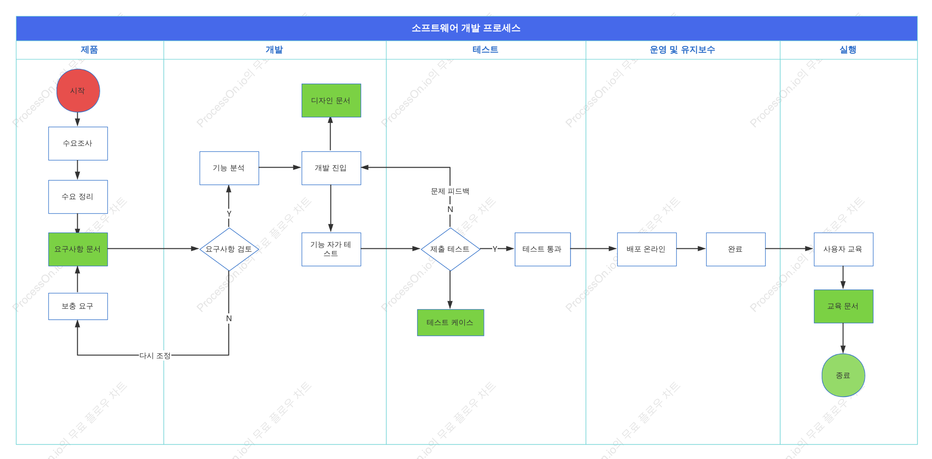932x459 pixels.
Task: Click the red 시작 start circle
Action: pos(78,91)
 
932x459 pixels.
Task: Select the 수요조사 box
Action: pos(78,144)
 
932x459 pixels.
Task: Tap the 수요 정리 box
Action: pos(78,197)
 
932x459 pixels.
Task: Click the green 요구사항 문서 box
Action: pos(78,249)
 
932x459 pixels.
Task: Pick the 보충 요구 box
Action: pos(78,306)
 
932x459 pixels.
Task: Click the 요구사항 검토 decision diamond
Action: pos(229,249)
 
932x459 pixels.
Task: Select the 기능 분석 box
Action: pos(229,168)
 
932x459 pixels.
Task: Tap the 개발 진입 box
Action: pos(331,168)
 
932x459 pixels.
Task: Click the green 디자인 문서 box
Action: pos(331,100)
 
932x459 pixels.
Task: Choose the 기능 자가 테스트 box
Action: pos(331,249)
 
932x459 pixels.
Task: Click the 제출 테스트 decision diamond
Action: pos(450,249)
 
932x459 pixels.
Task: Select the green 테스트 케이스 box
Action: pos(450,323)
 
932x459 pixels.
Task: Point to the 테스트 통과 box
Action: pos(543,249)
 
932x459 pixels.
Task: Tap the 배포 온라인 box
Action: pos(647,249)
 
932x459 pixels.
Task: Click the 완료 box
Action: pos(736,249)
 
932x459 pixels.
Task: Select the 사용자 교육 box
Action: pos(843,249)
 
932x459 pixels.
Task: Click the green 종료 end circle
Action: pos(843,375)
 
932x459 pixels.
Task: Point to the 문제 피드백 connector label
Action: pos(450,191)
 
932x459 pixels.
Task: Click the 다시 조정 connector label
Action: pos(155,356)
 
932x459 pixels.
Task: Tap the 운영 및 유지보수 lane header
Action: pos(682,50)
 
